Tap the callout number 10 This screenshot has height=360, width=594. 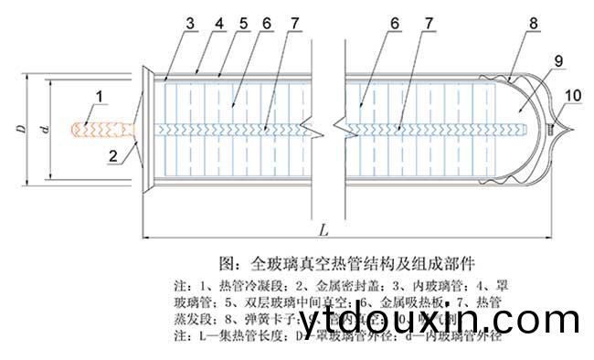point(572,96)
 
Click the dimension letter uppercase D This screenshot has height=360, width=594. point(20,127)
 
